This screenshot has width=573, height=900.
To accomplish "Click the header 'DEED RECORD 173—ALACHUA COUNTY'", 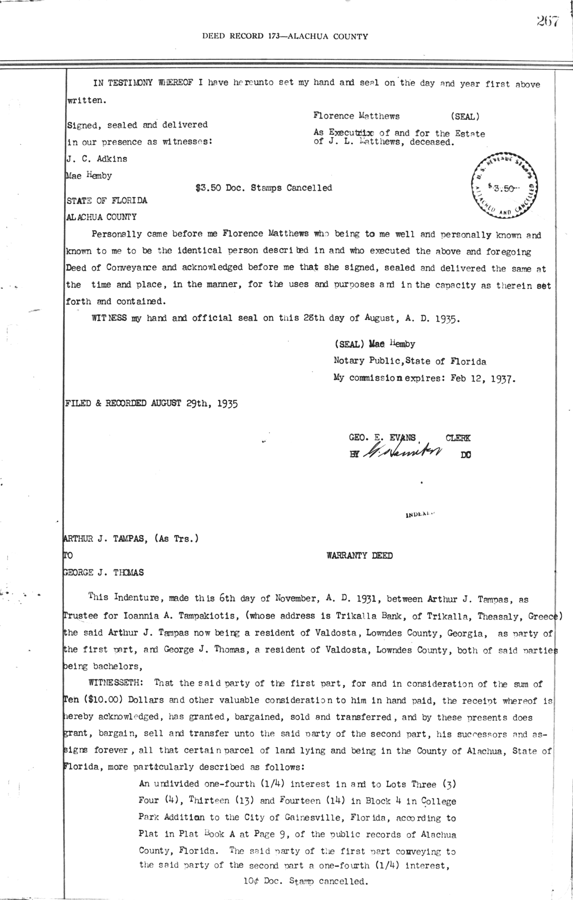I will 285,36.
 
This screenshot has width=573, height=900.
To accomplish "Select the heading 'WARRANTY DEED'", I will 360,556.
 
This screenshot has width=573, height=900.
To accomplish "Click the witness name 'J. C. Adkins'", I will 97,159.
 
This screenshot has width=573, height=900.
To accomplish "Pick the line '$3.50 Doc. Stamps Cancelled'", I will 264,188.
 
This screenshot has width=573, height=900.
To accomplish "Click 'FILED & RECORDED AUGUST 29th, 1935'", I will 151,403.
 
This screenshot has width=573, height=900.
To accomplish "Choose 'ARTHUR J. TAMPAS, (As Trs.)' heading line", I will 131,539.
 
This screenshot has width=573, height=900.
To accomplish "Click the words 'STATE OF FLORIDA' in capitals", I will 106,201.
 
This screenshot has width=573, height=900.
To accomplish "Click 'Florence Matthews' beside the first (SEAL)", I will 356,116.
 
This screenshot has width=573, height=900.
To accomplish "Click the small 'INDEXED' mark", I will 418,515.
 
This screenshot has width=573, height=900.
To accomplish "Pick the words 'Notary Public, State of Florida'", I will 410,362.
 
